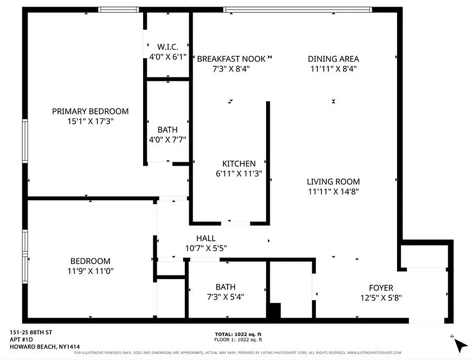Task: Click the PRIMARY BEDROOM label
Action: (90, 111)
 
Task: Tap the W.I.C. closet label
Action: (168, 47)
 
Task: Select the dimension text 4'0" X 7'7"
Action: (168, 140)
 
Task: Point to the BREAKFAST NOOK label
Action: (231, 58)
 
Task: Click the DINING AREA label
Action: (333, 58)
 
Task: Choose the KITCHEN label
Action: (239, 164)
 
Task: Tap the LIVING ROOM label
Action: (333, 182)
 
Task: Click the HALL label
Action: (206, 238)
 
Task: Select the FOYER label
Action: (381, 288)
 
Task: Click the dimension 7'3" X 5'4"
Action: (225, 297)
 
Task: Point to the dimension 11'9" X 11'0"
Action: (90, 271)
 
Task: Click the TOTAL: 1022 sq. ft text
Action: (238, 334)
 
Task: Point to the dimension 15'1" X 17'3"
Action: (90, 121)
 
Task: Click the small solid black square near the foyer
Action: (274, 310)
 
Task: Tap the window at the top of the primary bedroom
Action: (119, 9)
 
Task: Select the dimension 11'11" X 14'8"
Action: (333, 192)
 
